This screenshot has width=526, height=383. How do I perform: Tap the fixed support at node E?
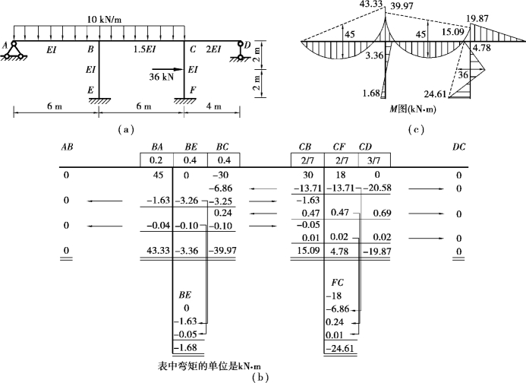[x=98, y=97]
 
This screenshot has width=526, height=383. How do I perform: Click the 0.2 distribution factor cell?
[x=156, y=160]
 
